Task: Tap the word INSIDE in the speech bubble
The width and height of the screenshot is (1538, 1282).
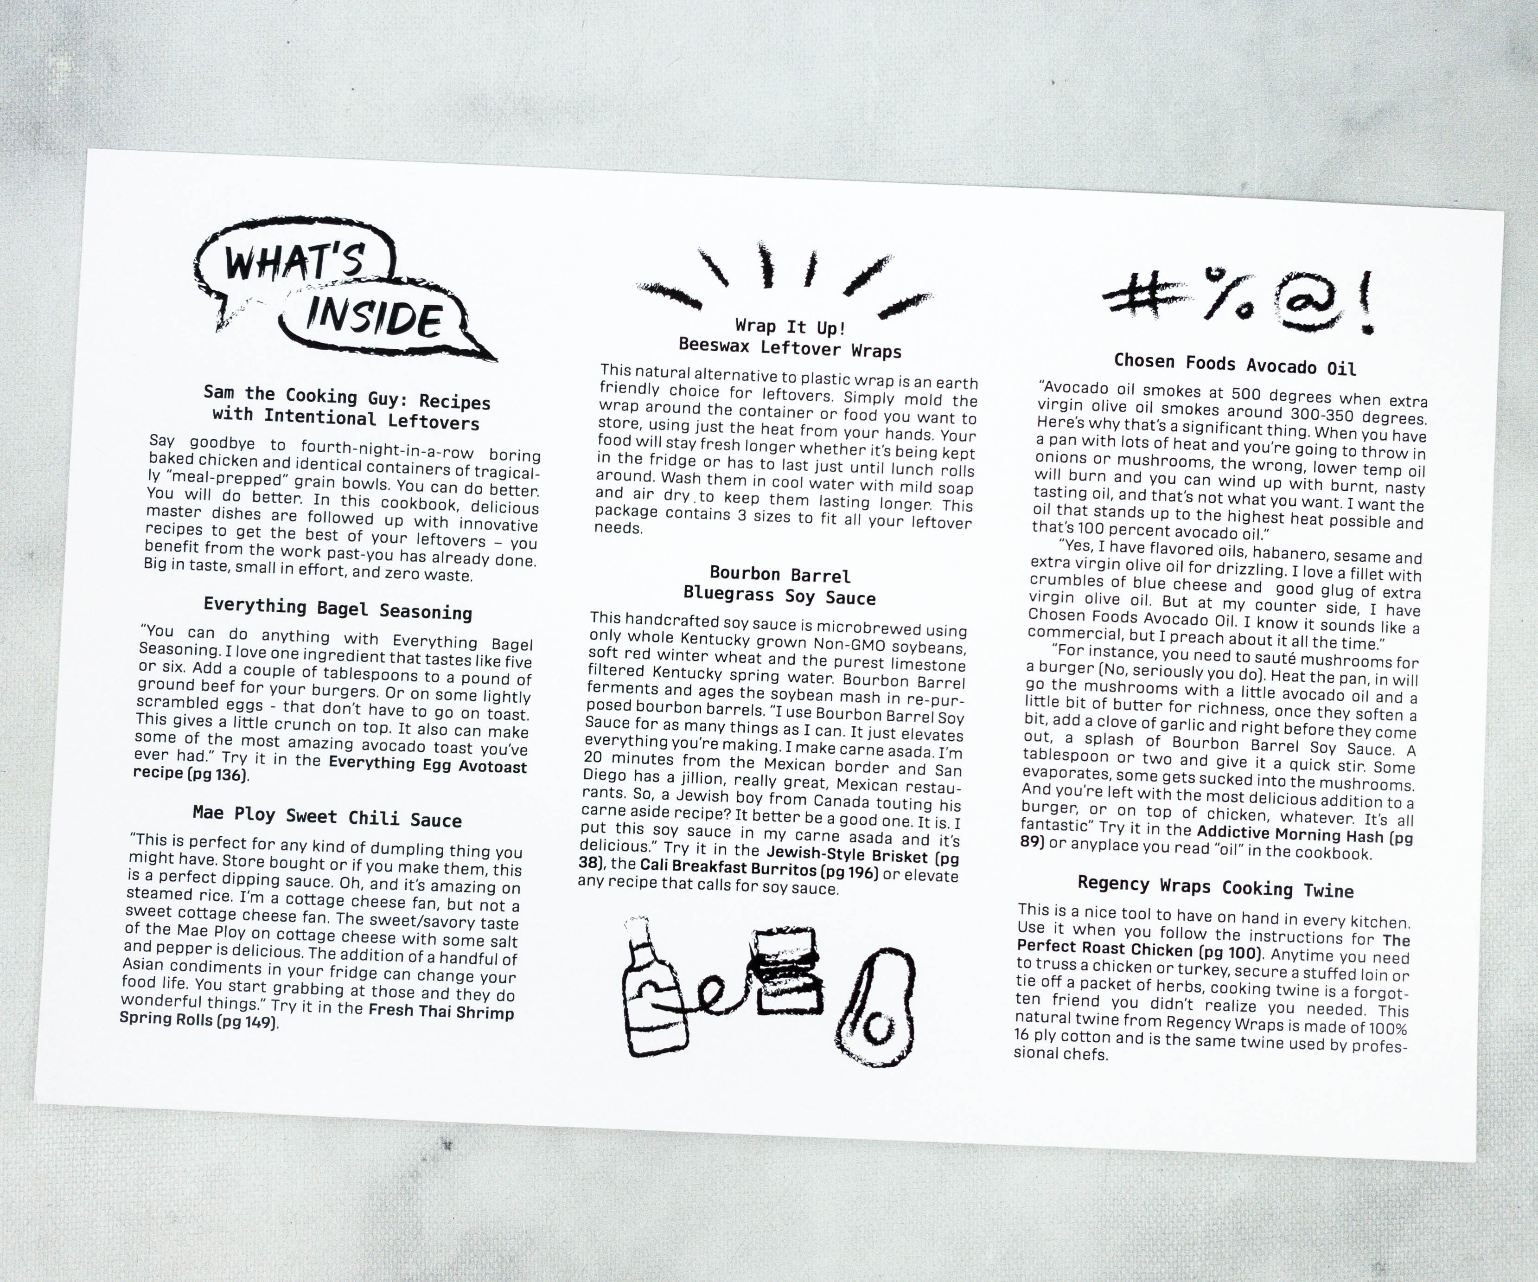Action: point(374,316)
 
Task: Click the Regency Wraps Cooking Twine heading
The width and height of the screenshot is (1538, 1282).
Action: point(1215,887)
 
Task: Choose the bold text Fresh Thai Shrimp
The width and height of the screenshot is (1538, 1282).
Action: point(441,1011)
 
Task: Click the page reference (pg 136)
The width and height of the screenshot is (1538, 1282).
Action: point(217,774)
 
